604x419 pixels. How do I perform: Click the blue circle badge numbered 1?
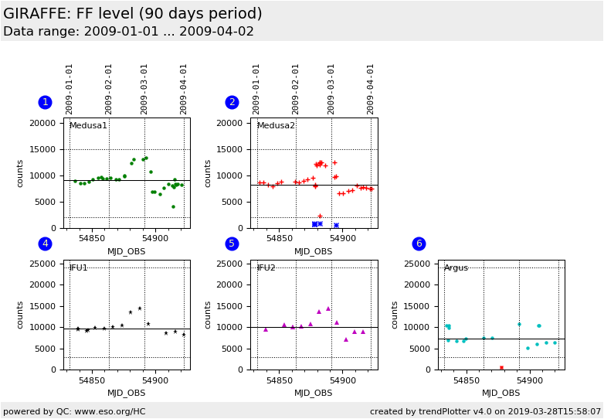[45, 102]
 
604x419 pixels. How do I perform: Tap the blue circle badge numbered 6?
[419, 244]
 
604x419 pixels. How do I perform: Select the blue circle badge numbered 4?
[45, 244]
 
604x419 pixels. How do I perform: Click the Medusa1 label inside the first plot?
[88, 126]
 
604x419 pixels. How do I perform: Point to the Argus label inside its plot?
[456, 268]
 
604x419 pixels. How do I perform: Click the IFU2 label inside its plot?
[266, 268]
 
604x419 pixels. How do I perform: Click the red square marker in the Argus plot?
[501, 368]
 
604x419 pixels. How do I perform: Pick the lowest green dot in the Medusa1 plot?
[173, 206]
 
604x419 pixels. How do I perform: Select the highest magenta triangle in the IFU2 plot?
[327, 308]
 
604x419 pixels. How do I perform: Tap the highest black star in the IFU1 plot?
[140, 308]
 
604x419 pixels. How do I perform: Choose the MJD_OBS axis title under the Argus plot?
[501, 393]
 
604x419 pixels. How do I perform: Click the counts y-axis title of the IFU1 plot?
[21, 315]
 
